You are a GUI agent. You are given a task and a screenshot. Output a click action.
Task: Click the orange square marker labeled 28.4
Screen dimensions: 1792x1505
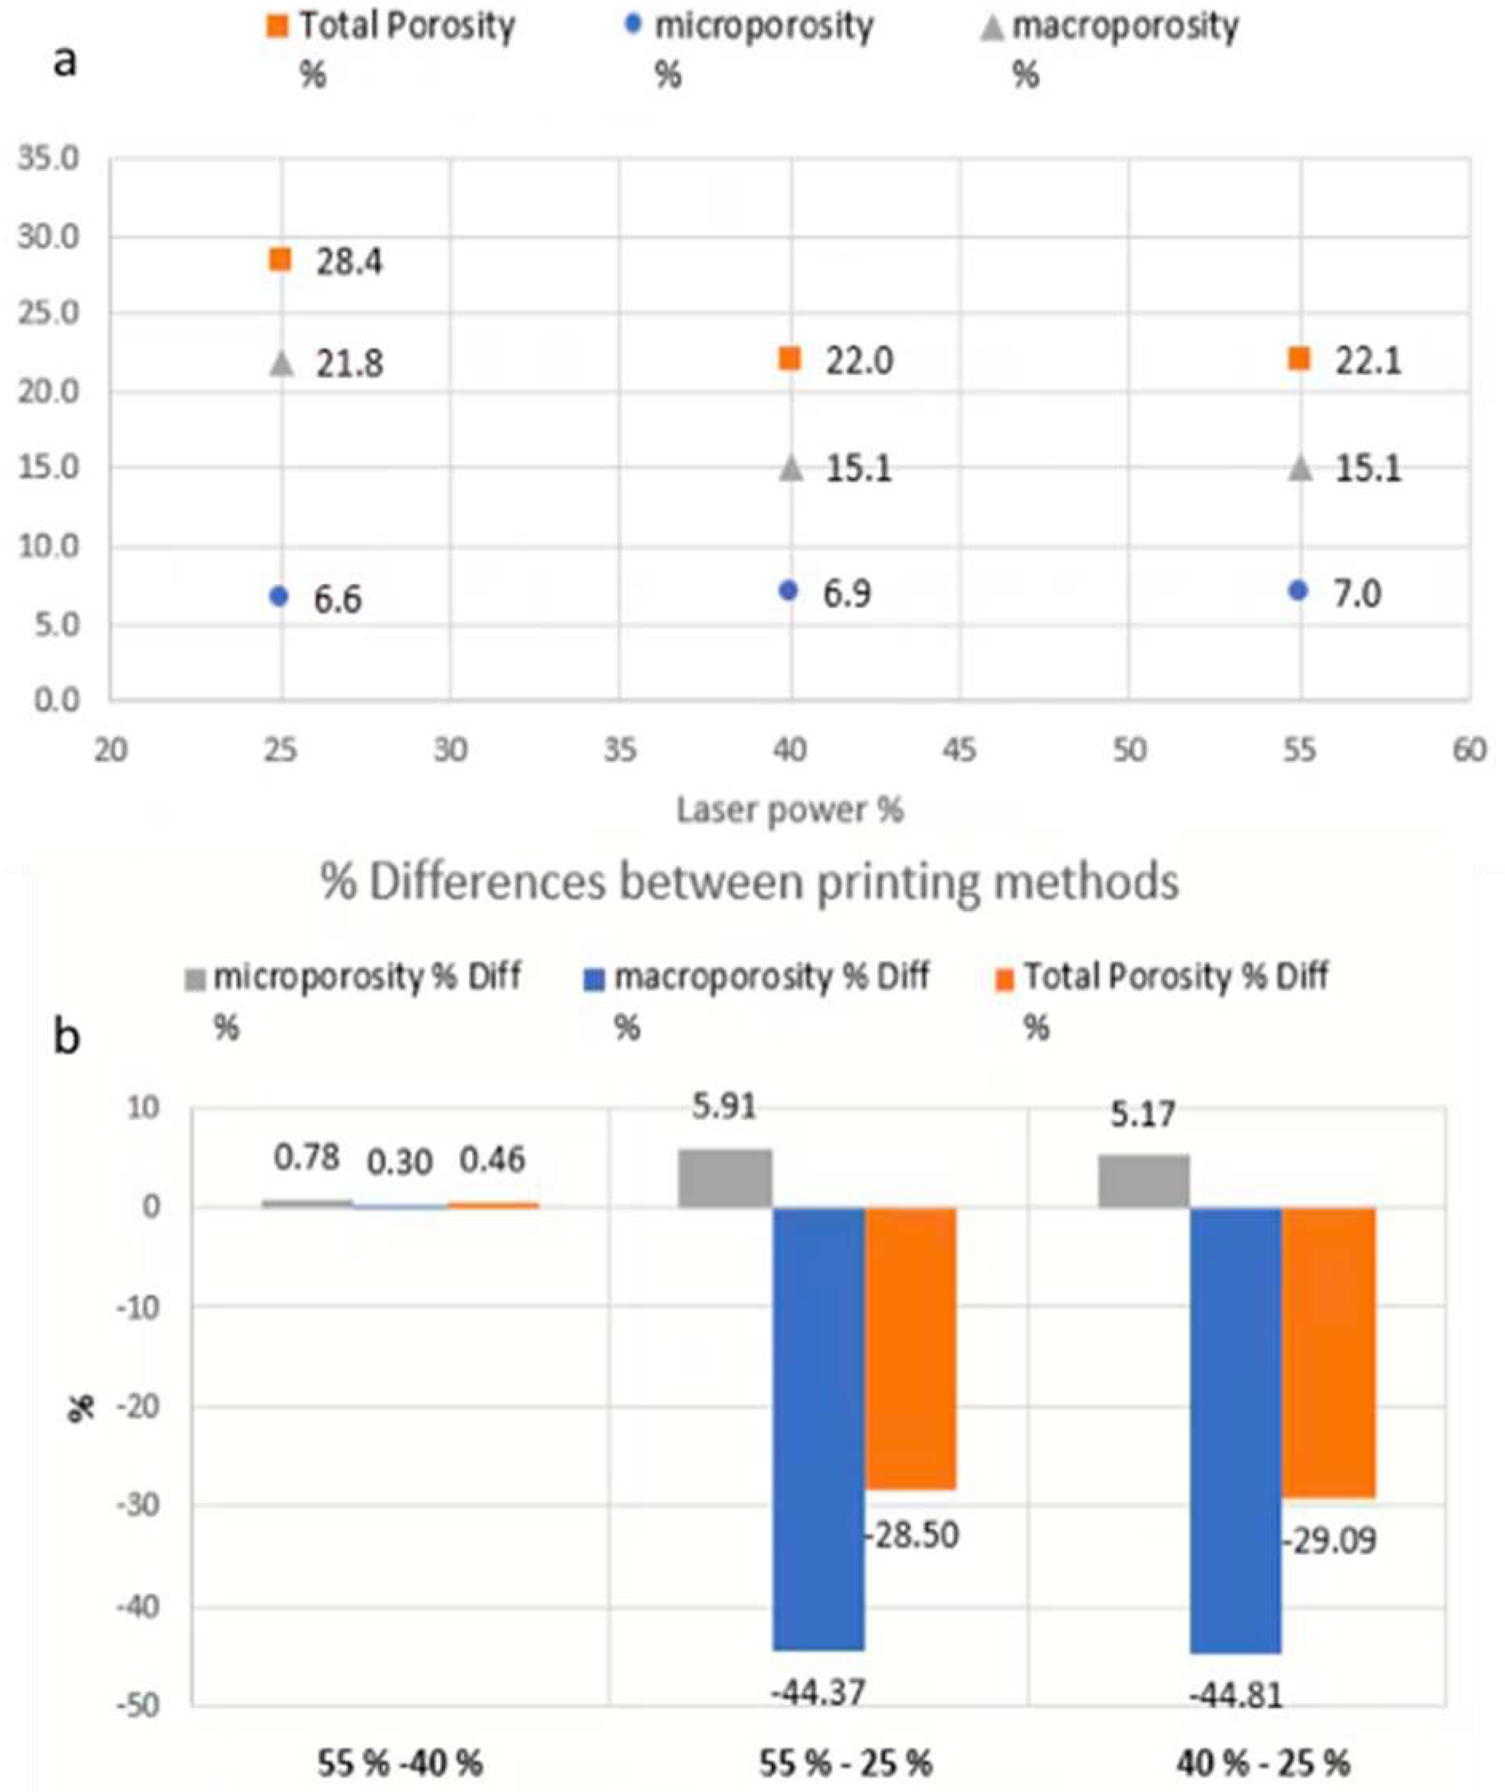click(x=280, y=260)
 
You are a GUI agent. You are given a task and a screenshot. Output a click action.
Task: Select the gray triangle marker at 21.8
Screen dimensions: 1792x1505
click(x=281, y=364)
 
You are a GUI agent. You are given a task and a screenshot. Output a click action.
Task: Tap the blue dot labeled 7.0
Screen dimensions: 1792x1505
click(x=1298, y=590)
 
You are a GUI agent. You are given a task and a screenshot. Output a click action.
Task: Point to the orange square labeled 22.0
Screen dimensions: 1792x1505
click(x=790, y=359)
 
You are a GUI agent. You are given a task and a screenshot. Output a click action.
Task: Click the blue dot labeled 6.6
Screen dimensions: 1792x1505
click(x=279, y=597)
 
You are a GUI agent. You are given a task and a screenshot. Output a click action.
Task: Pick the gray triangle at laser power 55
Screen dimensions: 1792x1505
click(x=1300, y=468)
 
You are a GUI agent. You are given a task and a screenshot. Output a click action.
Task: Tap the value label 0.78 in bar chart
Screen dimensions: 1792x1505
click(x=307, y=1158)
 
